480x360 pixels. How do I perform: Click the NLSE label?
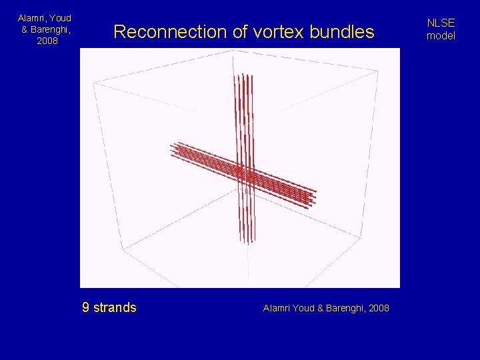(x=441, y=23)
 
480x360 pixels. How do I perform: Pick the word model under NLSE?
(x=441, y=36)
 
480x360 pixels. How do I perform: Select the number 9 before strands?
(x=85, y=308)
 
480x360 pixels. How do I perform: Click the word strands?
(x=115, y=308)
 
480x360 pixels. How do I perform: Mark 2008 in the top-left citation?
(x=47, y=41)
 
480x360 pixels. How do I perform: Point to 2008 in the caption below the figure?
(x=379, y=308)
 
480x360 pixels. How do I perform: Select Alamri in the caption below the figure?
(x=277, y=308)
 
